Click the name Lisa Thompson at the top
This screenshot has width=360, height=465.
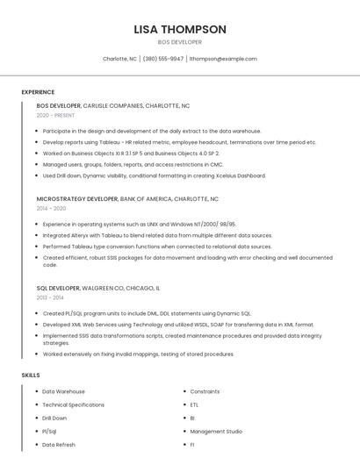click(180, 29)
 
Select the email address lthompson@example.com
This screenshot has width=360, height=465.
click(223, 59)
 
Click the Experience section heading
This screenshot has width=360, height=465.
click(38, 92)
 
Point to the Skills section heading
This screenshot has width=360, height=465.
click(31, 376)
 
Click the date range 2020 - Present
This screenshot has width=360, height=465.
click(55, 115)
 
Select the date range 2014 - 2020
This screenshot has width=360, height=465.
click(51, 209)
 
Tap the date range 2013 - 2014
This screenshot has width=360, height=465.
click(50, 298)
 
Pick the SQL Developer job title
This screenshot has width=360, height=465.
click(58, 289)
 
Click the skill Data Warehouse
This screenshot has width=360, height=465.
click(64, 391)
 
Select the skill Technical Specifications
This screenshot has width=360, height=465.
click(74, 404)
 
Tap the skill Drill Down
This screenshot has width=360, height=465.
click(54, 418)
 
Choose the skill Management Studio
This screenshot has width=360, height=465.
click(216, 432)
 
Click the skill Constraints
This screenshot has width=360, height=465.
click(205, 391)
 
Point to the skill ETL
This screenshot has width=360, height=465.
click(194, 404)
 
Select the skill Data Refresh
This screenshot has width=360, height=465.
click(59, 445)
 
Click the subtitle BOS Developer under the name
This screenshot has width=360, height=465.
click(180, 42)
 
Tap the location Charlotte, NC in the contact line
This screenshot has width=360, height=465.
click(120, 59)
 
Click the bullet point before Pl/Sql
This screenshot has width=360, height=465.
click(36, 432)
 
